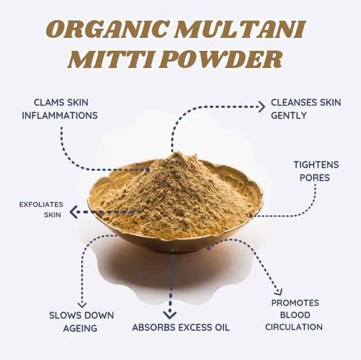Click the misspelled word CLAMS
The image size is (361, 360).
[49, 103]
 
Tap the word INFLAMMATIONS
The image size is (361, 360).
[60, 116]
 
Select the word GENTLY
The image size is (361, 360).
[289, 116]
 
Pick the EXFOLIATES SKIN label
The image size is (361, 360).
[41, 209]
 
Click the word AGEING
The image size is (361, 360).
[81, 328]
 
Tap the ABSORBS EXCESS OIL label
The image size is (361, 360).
[180, 327]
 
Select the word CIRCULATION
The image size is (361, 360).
[294, 327]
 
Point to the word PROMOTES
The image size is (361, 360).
[295, 303]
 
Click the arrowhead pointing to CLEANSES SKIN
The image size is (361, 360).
[261, 107]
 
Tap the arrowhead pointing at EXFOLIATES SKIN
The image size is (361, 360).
[73, 212]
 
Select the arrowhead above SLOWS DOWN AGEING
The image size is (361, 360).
[82, 304]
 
